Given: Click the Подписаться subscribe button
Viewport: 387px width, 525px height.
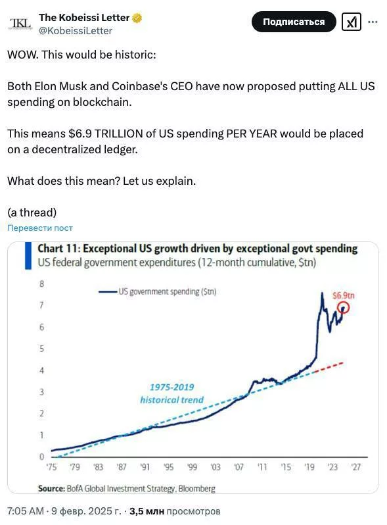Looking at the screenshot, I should click(x=294, y=22).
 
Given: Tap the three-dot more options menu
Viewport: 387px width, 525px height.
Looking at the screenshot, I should click(x=373, y=22).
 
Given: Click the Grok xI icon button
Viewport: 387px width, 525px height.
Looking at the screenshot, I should click(x=352, y=22).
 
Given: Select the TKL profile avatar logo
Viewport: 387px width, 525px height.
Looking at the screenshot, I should click(x=20, y=24).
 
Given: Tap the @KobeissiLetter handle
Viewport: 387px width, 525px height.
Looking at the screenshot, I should click(x=76, y=31).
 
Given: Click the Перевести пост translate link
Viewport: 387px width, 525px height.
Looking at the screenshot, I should click(x=40, y=228).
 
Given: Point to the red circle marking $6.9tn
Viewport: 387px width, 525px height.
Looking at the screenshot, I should click(x=343, y=307).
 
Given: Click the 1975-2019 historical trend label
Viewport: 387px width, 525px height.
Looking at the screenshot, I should click(x=171, y=393).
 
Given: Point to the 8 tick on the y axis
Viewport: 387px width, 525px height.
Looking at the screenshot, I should click(x=42, y=284).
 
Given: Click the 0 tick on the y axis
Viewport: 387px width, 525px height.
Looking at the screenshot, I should click(x=42, y=456).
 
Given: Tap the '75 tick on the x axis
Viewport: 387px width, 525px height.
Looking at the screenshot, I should click(x=52, y=467).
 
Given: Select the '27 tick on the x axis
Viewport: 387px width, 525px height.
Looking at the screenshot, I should click(x=356, y=467).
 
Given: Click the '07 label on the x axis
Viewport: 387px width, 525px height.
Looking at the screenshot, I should click(x=239, y=467).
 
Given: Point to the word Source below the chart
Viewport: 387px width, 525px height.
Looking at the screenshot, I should click(x=51, y=488).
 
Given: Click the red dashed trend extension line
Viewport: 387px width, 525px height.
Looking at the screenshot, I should click(x=330, y=366).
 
